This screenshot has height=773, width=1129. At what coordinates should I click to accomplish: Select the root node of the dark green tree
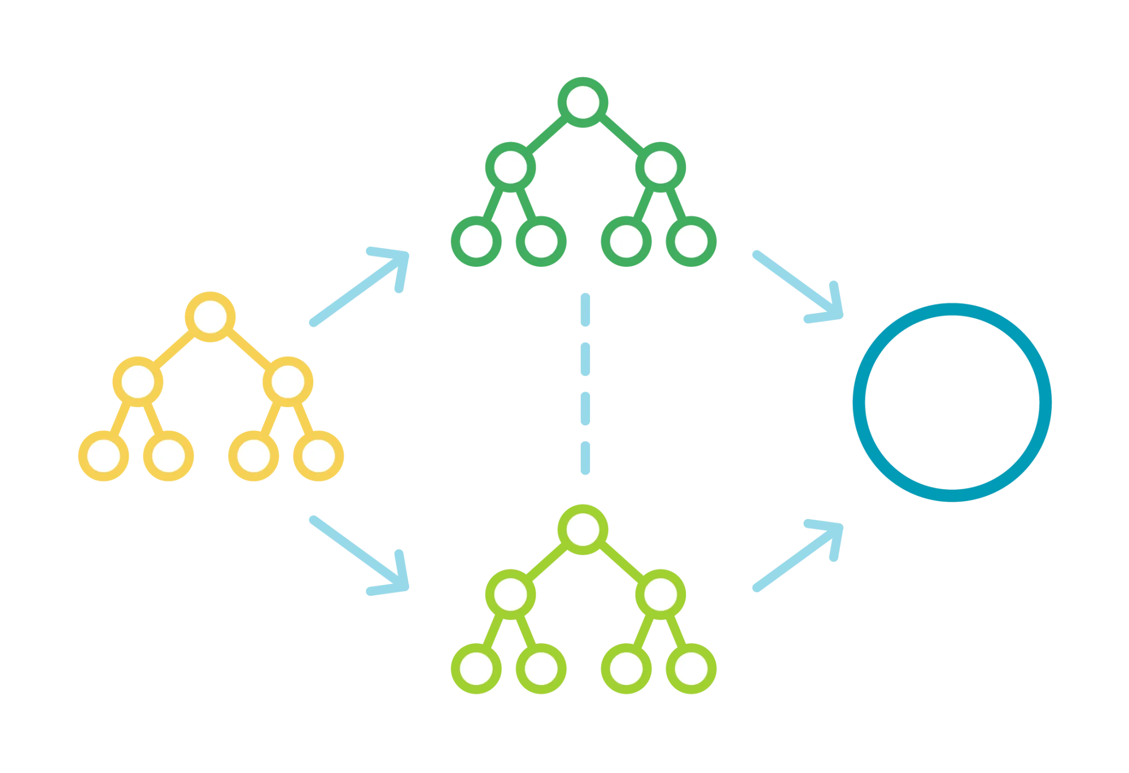[583, 103]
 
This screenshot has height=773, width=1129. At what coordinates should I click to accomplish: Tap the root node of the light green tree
[583, 530]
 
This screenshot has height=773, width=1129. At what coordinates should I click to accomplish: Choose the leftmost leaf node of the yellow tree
[104, 456]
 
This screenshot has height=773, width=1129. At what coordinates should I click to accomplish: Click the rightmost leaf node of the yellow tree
[318, 456]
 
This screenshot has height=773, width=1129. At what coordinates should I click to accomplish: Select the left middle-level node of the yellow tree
[138, 382]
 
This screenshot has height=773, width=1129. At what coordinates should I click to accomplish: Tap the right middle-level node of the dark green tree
[659, 168]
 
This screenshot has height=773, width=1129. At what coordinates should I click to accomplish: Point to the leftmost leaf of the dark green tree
[477, 241]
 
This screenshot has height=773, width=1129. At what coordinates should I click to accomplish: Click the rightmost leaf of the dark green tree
[691, 241]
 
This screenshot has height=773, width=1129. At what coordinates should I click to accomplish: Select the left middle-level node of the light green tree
[510, 594]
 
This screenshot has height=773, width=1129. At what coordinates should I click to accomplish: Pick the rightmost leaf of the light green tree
[691, 668]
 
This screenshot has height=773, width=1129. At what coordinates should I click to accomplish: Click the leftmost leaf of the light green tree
[477, 668]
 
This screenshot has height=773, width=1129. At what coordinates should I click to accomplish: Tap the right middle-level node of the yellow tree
[287, 382]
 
